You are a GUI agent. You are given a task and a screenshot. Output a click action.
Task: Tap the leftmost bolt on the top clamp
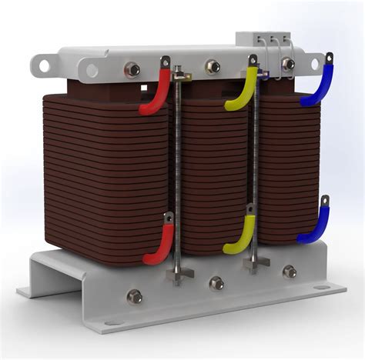pos(132,70)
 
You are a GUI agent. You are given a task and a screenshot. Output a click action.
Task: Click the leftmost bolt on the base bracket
pos(134,296)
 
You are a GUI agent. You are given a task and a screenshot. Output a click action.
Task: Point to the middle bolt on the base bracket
pos(216,283)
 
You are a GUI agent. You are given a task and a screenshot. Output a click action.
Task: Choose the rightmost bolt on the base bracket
pos(290,272)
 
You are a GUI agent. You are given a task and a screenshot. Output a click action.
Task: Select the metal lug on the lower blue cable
pos(324,203)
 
